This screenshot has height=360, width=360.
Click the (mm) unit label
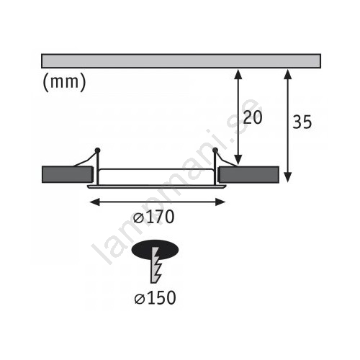[64, 82]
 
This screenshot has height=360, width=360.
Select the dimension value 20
[253, 117]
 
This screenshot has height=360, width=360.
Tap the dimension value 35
[302, 122]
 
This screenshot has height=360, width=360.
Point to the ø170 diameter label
[153, 217]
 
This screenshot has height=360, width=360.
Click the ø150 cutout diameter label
[155, 298]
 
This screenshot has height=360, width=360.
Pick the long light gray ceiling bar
[181, 61]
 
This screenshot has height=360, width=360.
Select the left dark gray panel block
[68, 174]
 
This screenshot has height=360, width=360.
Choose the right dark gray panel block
[249, 175]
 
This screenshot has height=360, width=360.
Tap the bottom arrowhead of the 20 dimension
[238, 160]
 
